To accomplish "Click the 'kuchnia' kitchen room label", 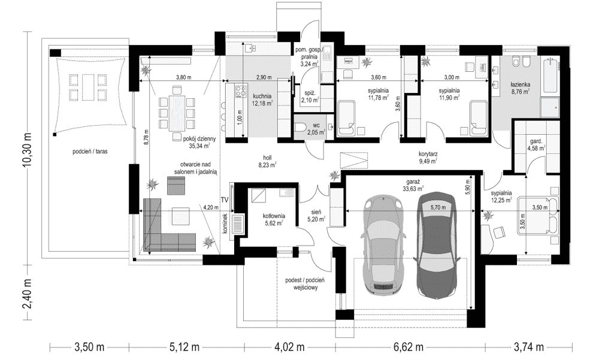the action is [262, 96].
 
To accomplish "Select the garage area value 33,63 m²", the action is [413, 189].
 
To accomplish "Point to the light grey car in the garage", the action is [383, 247].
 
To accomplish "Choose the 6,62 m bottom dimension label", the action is [408, 347].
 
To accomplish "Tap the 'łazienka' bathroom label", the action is [519, 85].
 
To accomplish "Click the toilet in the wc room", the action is [302, 128].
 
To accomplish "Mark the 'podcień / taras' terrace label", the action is [90, 152].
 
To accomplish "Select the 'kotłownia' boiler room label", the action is [274, 216].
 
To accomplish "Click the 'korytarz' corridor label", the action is [428, 155].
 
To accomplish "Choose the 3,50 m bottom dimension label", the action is [89, 347].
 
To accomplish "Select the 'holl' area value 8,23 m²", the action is [267, 165].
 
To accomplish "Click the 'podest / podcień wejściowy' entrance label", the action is [302, 284].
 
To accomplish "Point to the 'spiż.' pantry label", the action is [310, 93].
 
